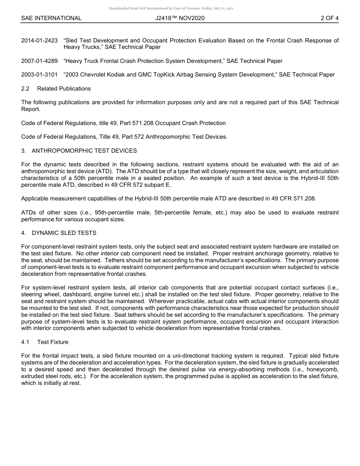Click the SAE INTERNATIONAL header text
(x=51, y=18)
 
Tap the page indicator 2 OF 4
(x=329, y=18)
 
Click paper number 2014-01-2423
(x=39, y=41)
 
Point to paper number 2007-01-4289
(x=39, y=61)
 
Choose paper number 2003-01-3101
(x=39, y=75)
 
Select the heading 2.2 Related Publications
(x=56, y=89)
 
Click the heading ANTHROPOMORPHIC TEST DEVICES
(x=84, y=151)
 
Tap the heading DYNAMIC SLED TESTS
(x=64, y=233)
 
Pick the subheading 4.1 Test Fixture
(x=45, y=342)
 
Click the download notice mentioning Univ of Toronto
(x=171, y=8)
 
